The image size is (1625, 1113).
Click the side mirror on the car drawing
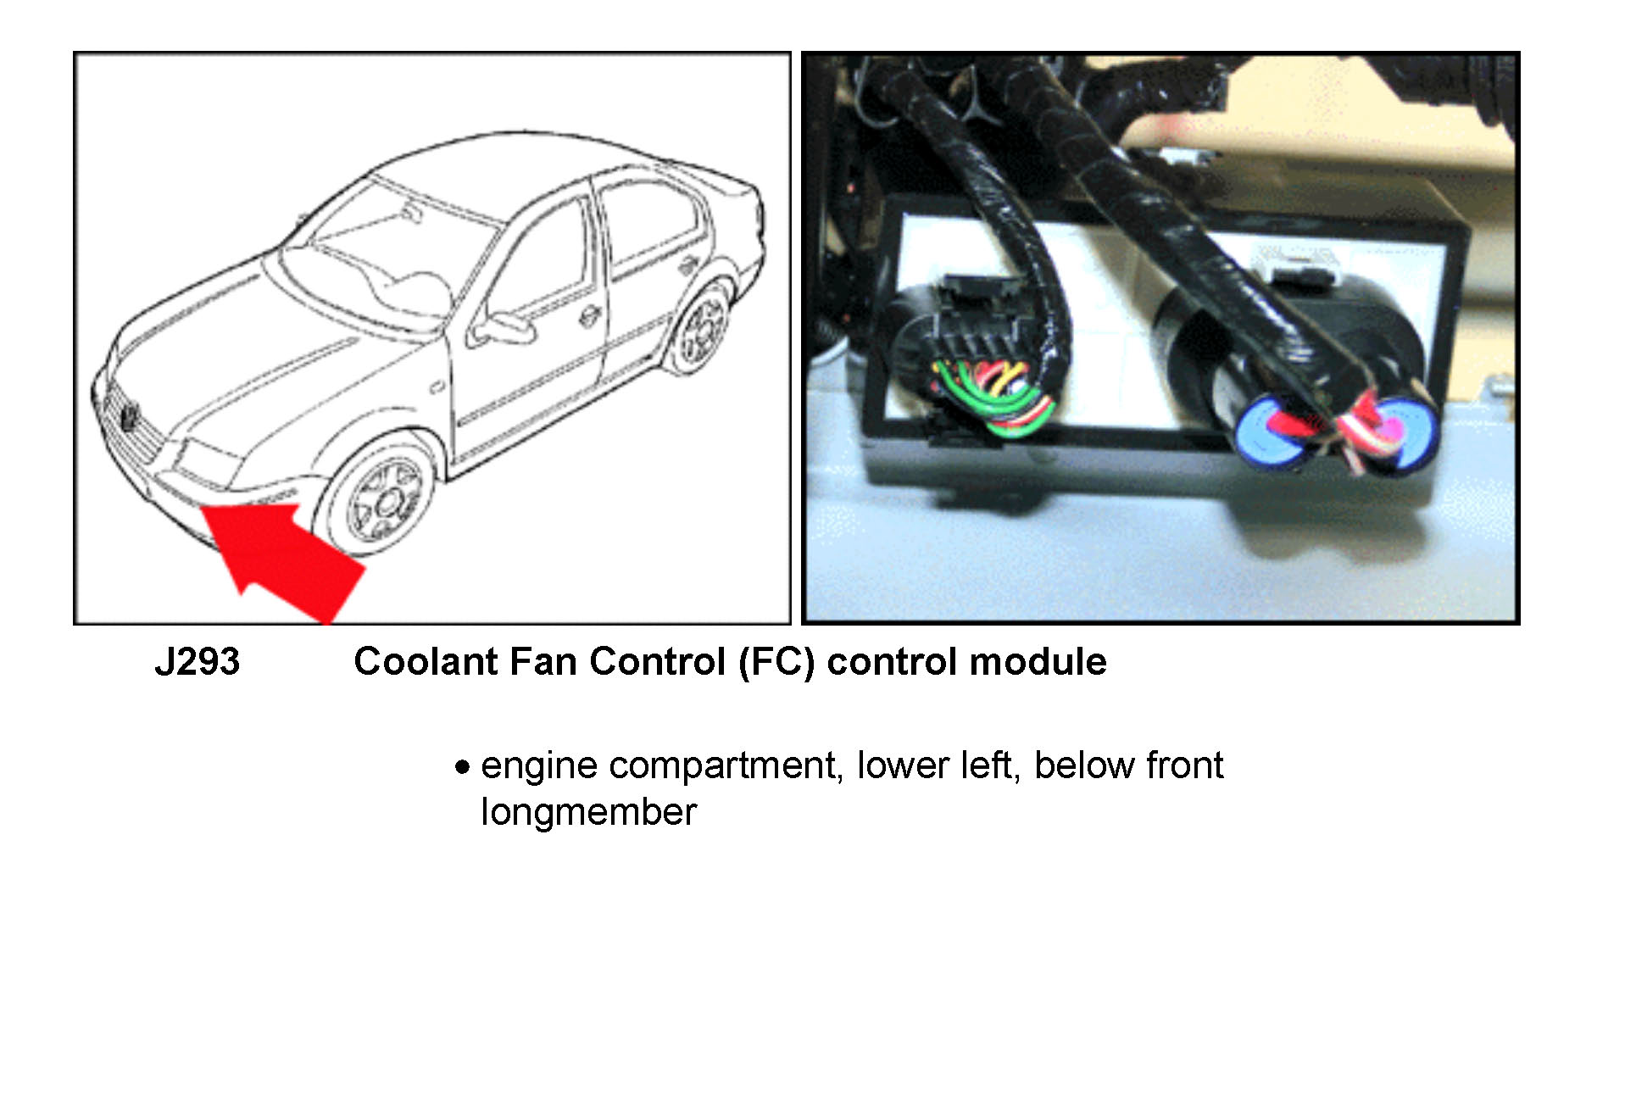(500, 329)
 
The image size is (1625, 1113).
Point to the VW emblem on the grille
(130, 416)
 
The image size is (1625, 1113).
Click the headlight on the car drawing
(207, 461)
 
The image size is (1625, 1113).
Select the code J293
(198, 661)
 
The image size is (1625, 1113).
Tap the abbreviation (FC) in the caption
(776, 662)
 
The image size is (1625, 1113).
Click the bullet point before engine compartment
(462, 767)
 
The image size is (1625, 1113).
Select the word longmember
(588, 812)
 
